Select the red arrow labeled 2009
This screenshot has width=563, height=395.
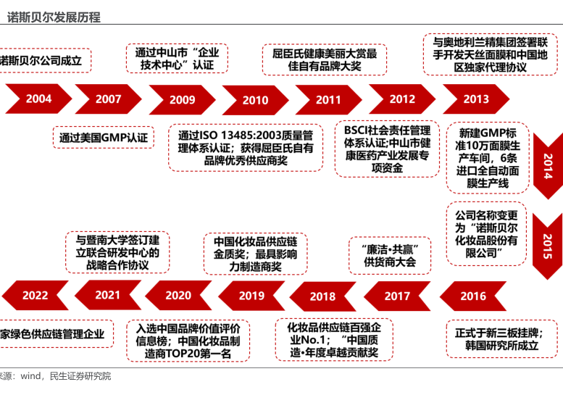182,100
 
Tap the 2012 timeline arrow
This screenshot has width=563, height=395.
402,99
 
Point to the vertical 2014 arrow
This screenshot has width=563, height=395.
548,165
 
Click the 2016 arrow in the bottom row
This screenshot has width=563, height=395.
472,296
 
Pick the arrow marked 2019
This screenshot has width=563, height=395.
251,296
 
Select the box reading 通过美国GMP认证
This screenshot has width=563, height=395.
104,137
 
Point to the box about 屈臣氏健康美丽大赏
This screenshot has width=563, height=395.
325,59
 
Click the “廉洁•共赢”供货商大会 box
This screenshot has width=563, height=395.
390,254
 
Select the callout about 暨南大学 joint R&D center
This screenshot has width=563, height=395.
118,251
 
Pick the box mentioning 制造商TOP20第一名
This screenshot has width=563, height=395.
188,341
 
